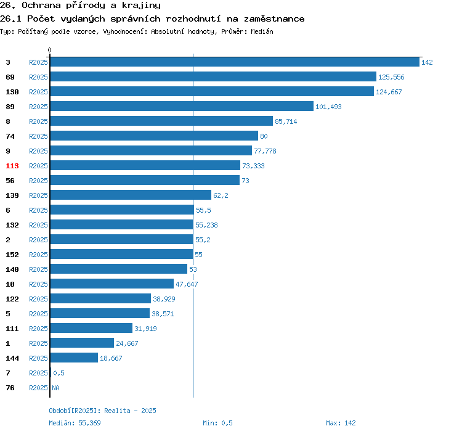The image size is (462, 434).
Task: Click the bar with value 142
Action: point(235,62)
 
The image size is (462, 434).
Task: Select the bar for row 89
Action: point(182,106)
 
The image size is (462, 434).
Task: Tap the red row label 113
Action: point(12,166)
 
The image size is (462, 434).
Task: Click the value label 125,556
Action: point(391,77)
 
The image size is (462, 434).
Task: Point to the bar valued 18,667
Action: point(74,358)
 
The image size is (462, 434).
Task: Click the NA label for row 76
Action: point(55,388)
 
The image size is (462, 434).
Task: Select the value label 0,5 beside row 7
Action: point(59,373)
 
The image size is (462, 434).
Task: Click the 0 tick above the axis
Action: point(49,50)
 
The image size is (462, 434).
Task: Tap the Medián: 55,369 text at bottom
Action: point(75,423)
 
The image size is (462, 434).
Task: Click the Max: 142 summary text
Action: point(341,423)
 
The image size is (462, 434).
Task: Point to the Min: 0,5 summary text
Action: point(217,423)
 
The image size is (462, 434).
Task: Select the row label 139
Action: point(12,195)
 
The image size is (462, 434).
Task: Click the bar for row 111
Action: point(91,328)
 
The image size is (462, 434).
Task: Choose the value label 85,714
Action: point(286,121)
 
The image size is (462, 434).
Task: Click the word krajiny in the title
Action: point(141,6)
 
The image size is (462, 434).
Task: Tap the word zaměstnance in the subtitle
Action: point(274,19)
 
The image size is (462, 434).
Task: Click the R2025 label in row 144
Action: point(38,358)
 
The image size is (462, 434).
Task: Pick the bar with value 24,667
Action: point(82,343)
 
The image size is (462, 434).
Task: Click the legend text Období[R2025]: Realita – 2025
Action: point(102,411)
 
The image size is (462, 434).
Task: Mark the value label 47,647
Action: point(187,284)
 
